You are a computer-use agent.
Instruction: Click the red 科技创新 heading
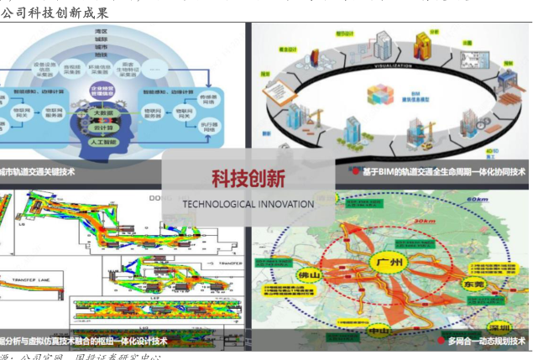coord(248,178)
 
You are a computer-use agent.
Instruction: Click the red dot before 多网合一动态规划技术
coord(440,341)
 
